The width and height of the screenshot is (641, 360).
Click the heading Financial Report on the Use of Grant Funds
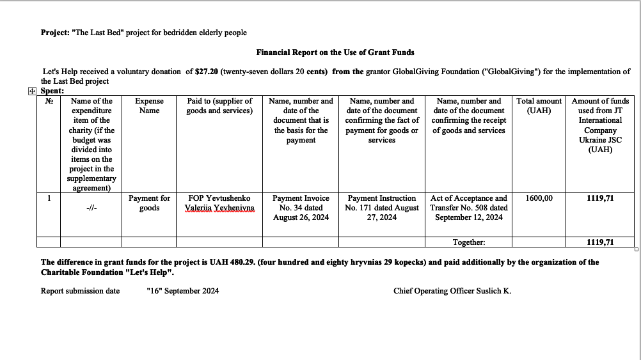click(335, 52)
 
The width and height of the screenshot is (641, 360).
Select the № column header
click(49, 101)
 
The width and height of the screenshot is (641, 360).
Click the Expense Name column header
click(149, 106)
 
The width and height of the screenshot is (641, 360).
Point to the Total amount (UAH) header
click(539, 106)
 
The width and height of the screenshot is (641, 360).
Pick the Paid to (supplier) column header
click(219, 106)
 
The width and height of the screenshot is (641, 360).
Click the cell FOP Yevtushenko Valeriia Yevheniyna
click(219, 203)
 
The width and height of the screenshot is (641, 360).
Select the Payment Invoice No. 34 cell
click(301, 208)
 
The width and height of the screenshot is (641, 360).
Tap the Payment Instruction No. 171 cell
click(381, 208)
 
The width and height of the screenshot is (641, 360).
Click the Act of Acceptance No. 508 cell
click(469, 208)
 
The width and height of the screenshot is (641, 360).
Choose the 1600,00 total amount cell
click(539, 198)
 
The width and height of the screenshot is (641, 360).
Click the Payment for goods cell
click(149, 203)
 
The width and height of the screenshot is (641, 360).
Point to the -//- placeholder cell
click(91, 208)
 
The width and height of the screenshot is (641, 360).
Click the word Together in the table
click(469, 242)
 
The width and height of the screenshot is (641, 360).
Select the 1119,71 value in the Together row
click(599, 242)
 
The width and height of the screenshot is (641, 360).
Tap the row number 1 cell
click(49, 198)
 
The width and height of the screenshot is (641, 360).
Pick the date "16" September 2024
click(182, 291)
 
